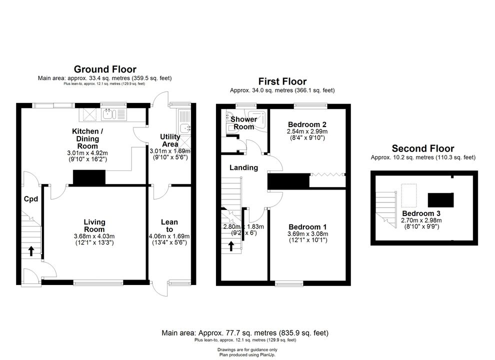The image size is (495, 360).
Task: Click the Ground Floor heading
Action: coord(105,69)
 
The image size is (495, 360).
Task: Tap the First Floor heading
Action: coord(282,81)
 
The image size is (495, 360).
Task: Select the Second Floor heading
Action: coord(423,148)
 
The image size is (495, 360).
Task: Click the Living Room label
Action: coord(94,226)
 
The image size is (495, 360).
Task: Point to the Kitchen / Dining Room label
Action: coord(87,138)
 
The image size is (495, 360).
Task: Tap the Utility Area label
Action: coord(170,140)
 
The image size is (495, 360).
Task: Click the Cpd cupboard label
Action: coord(31,199)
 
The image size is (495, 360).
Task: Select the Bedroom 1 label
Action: coord(308,226)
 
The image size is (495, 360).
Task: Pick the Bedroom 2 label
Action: coord(307,124)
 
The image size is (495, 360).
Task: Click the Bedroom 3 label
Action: coord(421,213)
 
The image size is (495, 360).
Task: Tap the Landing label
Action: coord(243,167)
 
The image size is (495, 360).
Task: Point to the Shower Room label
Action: coord(243,123)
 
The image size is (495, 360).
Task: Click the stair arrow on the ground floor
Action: coord(31,251)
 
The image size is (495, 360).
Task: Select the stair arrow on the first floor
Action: coord(231,246)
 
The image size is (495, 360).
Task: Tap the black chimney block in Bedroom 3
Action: coord(440,200)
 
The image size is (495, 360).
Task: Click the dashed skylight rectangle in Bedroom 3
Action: coord(409,195)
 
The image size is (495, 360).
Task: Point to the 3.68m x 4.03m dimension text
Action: coord(94,236)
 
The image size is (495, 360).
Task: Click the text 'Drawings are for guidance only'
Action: coord(247,349)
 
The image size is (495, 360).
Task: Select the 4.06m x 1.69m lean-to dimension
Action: coord(169,236)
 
